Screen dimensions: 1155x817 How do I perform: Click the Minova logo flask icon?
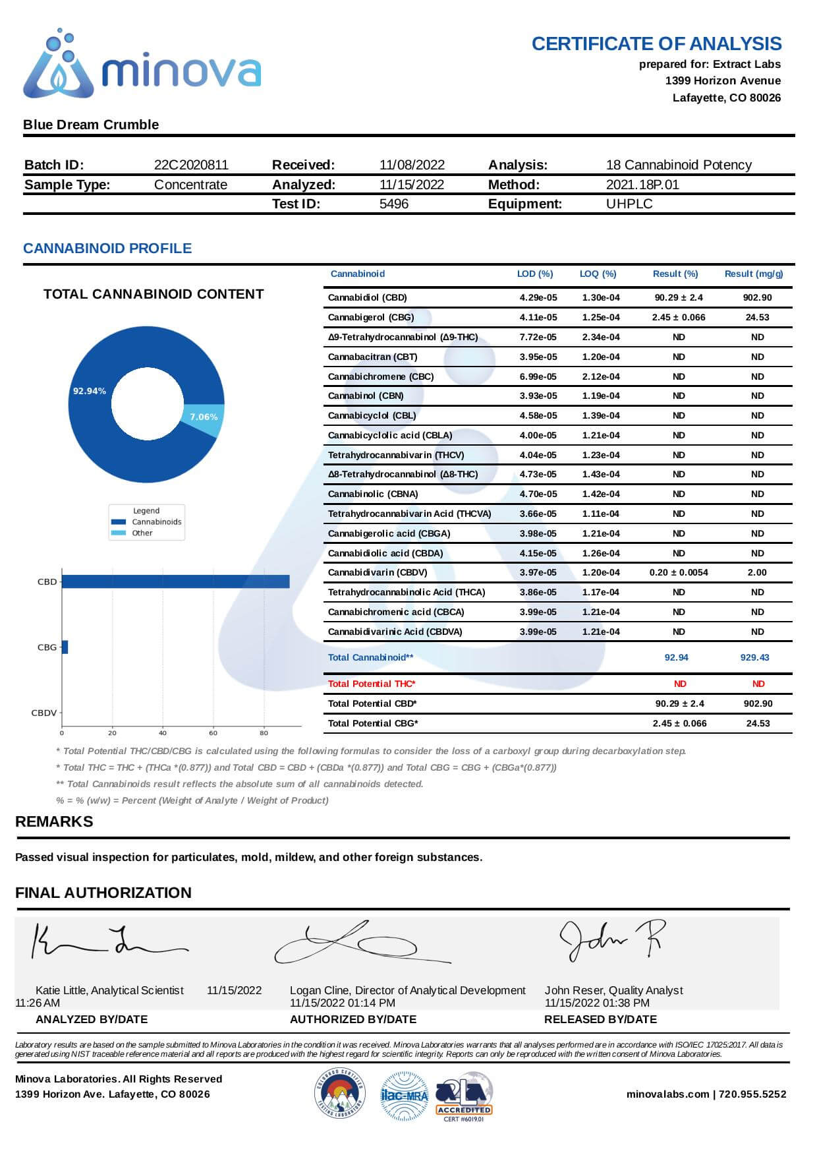pyautogui.click(x=58, y=66)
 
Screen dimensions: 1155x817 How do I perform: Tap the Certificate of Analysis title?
pyautogui.click(x=656, y=44)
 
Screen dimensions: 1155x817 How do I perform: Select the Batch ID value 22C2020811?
pyautogui.click(x=191, y=165)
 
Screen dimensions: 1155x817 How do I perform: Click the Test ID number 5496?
pyautogui.click(x=393, y=204)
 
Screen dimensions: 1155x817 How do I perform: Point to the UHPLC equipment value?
pyautogui.click(x=629, y=204)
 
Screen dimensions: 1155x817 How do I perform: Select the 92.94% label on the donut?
pyautogui.click(x=89, y=391)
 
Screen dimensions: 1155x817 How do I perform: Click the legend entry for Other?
pyautogui.click(x=142, y=533)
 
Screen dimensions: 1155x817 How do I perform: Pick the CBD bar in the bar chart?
pyautogui.click(x=175, y=581)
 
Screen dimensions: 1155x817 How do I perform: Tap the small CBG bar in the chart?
pyautogui.click(x=65, y=647)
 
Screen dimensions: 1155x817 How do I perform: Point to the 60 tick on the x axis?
pyautogui.click(x=213, y=732)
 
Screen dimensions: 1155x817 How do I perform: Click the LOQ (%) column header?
pyautogui.click(x=598, y=274)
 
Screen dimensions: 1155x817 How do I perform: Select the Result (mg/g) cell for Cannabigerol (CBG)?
pyautogui.click(x=757, y=317)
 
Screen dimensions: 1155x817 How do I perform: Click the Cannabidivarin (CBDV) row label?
pyautogui.click(x=377, y=572)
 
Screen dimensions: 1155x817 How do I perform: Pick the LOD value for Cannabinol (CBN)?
pyautogui.click(x=538, y=396)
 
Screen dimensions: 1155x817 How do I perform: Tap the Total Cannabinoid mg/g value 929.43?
pyautogui.click(x=754, y=657)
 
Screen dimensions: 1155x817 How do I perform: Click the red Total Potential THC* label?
pyautogui.click(x=372, y=684)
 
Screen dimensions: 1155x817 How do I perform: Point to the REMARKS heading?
pyautogui.click(x=54, y=821)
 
